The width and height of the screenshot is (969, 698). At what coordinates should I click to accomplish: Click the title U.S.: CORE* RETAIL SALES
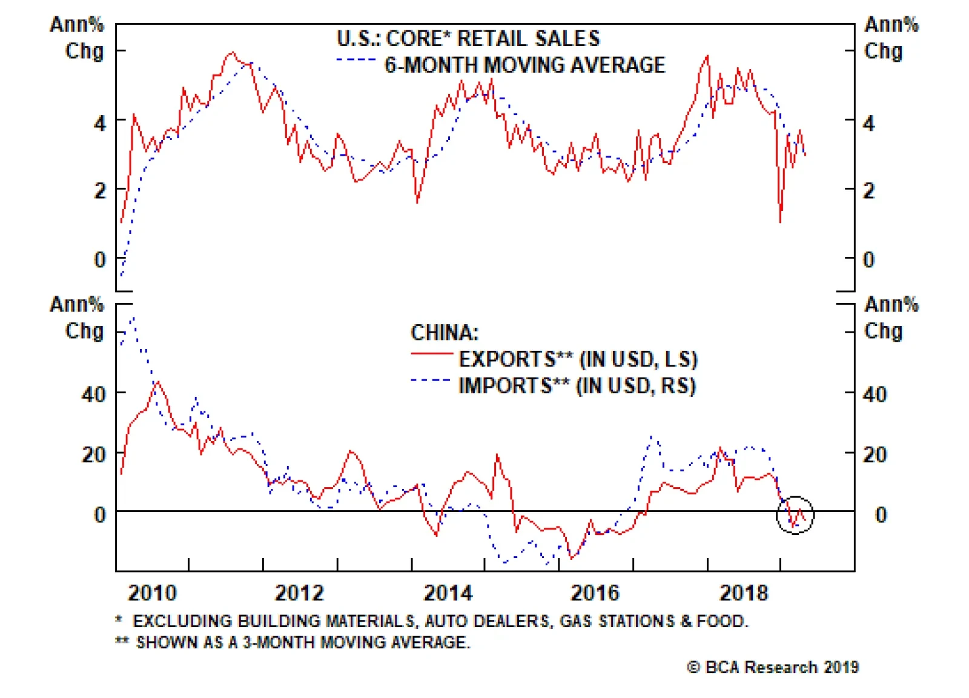468,39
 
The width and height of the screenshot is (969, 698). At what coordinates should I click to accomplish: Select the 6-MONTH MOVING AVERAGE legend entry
524,65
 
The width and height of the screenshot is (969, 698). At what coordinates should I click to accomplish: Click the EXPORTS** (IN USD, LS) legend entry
578,359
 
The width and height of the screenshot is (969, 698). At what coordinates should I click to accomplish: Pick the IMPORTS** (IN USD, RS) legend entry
577,386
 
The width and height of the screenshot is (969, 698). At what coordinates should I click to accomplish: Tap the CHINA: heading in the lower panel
445,333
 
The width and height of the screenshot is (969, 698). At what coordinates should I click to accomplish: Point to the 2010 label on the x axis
152,593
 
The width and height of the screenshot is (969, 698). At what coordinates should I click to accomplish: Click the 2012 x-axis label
299,593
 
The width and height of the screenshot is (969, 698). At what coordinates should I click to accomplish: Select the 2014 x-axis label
448,593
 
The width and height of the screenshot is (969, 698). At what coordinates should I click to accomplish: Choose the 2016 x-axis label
595,593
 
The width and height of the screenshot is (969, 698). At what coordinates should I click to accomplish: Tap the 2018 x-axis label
743,593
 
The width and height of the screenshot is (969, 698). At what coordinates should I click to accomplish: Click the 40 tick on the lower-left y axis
94,395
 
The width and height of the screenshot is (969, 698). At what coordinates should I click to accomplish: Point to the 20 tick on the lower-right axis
875,454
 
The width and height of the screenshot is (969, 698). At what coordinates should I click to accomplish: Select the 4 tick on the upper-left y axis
100,124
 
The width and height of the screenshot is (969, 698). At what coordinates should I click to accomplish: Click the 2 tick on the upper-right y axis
869,191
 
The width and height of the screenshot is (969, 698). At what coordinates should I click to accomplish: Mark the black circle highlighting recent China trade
795,515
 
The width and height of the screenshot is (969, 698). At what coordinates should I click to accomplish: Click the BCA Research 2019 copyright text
773,667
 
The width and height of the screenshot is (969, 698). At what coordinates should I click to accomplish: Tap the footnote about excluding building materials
432,621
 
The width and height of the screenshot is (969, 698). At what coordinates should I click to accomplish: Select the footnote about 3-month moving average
293,642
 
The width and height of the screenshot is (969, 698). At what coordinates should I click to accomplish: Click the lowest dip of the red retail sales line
780,222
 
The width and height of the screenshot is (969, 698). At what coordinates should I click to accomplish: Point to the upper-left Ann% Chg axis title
78,38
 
